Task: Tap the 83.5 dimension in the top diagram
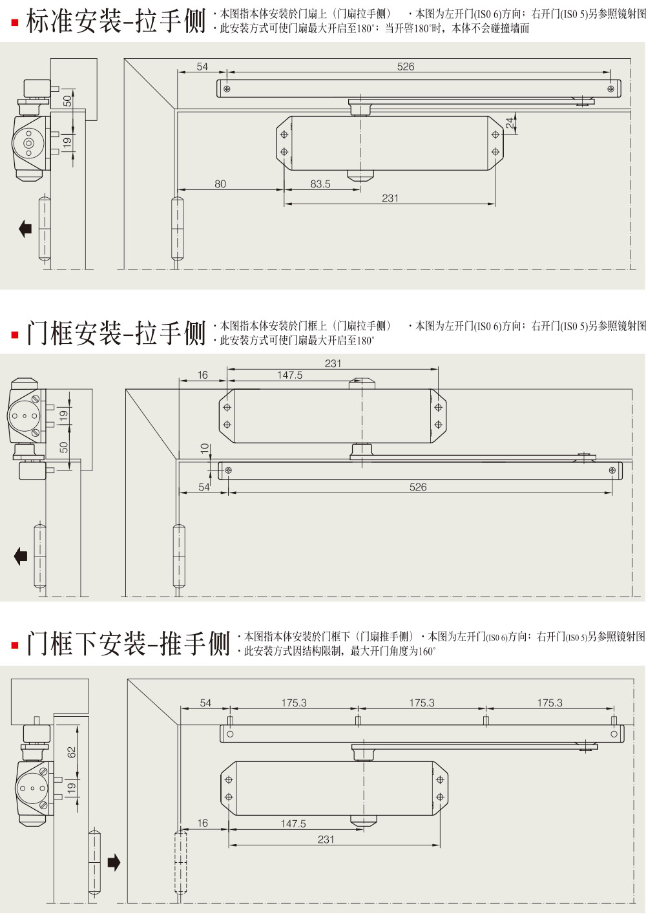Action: coord(320,184)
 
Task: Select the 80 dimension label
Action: coord(220,184)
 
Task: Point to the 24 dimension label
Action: coord(510,123)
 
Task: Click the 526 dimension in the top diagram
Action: coord(406,67)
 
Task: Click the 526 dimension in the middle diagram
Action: coord(418,487)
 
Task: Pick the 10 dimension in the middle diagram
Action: coord(205,448)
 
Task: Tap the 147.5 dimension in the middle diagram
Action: coord(289,375)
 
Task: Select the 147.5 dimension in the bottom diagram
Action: coord(293,823)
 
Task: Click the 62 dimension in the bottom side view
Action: coord(72,752)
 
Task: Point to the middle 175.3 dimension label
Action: coord(422,703)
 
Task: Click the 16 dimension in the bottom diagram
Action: coord(203,823)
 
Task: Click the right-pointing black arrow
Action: coord(114,862)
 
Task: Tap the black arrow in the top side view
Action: coord(25,228)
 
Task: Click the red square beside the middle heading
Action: coord(14,335)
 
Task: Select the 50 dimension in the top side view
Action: coord(67,101)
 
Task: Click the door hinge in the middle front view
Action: coord(178,556)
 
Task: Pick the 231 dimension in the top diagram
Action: coord(390,198)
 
